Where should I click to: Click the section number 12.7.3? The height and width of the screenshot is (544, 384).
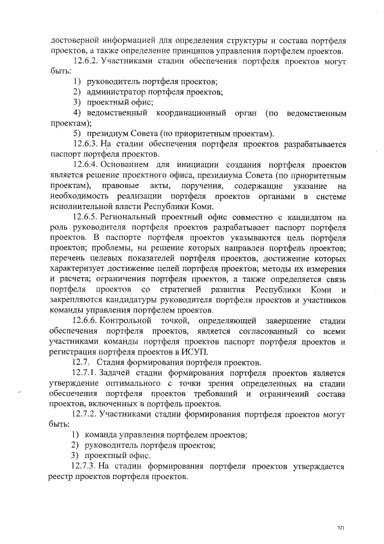[x=84, y=466]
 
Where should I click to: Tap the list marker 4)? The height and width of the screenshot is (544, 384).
[x=77, y=112]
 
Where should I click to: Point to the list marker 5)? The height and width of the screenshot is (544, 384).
[x=77, y=133]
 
